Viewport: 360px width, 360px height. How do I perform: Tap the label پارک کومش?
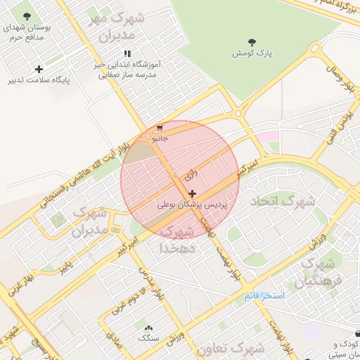pos(253,53)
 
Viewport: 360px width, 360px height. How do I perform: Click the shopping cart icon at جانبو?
pos(160,129)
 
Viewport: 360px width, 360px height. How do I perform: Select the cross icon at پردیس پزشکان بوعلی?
pos(192,193)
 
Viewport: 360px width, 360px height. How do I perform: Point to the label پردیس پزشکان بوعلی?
pos(192,204)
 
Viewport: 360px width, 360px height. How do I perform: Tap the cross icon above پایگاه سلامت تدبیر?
pos(39,69)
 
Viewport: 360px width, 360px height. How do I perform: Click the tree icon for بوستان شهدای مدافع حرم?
pos(27,15)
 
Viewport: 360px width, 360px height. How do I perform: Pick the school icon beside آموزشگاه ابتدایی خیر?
pos(127,53)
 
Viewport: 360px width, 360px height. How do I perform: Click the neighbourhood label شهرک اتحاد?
pos(283,201)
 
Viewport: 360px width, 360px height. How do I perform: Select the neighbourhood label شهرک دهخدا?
pos(176,239)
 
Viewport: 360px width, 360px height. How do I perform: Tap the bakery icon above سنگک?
pos(148,328)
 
